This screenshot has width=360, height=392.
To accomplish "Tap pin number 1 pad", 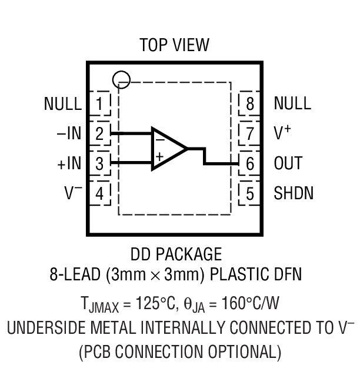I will [x=100, y=104].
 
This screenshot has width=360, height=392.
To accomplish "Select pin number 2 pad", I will [x=100, y=133].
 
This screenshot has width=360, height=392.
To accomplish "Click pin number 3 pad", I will [x=100, y=163].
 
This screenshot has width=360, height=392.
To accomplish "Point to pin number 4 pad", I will [x=100, y=193].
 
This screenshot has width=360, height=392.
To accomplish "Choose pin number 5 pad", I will [x=250, y=193].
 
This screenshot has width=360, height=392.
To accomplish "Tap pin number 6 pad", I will [x=250, y=163].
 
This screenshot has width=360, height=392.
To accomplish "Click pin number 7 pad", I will [x=250, y=133].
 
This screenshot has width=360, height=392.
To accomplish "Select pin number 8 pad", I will [x=250, y=104].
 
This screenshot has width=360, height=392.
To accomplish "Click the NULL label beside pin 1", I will [x=62, y=104].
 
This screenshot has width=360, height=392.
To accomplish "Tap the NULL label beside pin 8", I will [x=292, y=104].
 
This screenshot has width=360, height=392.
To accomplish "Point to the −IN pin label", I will [x=69, y=134].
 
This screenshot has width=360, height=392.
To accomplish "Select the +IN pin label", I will [x=69, y=163].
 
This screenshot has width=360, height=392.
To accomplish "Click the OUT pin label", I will [x=288, y=163].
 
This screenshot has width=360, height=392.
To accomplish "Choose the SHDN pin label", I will [x=294, y=193].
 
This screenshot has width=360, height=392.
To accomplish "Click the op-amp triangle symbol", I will [x=166, y=148].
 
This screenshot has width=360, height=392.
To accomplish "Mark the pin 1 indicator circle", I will [x=121, y=78].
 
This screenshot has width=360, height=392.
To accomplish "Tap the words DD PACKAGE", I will [x=176, y=254].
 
